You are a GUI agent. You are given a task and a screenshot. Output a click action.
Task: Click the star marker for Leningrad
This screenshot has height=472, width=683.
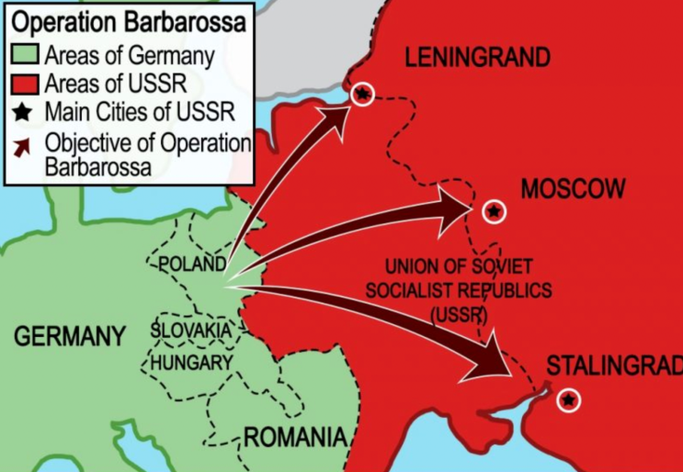[x=363, y=94]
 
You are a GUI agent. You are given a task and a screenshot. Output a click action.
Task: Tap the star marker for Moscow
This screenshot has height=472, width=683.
[x=494, y=212]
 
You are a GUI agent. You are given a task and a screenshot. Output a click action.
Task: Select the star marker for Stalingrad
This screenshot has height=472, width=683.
[x=569, y=399]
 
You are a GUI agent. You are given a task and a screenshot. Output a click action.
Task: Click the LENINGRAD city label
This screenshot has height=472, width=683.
[x=477, y=59]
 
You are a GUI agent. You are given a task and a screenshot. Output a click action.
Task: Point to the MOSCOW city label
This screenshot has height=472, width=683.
[x=573, y=189]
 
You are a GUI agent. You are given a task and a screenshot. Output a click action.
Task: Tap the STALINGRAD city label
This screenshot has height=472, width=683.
[x=614, y=365]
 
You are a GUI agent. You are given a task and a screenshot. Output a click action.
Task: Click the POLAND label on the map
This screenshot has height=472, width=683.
[x=192, y=264]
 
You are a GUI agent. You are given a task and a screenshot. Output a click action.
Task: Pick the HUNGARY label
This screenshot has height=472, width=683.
[x=191, y=363]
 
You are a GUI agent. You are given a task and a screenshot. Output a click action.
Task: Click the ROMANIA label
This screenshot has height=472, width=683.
[x=294, y=437]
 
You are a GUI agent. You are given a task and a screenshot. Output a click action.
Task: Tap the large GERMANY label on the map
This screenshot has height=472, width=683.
[x=69, y=336]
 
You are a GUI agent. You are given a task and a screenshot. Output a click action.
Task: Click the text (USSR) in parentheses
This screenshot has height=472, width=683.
[x=458, y=313]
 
